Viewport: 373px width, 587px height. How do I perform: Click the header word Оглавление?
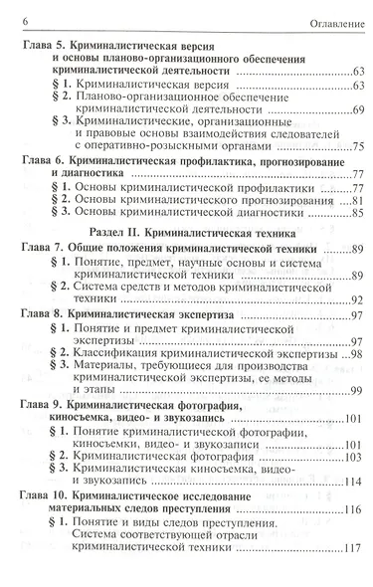331,20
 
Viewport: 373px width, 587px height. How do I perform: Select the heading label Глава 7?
42,248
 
